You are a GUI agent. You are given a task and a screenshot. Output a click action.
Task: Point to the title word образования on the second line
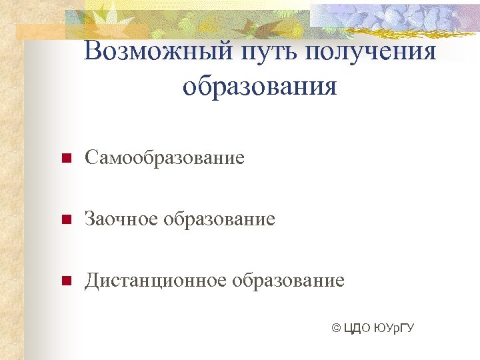tap(259, 86)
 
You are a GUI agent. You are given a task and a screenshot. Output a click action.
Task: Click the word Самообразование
tap(164, 158)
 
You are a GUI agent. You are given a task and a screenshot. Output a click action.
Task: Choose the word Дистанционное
tap(155, 280)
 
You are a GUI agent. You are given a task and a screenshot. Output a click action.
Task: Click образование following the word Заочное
tap(219, 219)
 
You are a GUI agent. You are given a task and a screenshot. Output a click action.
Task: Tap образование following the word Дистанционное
tap(288, 280)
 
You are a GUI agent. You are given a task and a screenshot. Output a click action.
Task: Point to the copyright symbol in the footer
tap(336, 328)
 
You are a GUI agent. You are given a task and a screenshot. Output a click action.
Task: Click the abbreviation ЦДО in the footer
tap(358, 328)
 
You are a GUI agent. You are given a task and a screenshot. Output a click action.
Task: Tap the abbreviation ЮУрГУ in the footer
tap(395, 328)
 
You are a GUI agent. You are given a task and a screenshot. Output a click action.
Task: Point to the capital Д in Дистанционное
tap(91, 281)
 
